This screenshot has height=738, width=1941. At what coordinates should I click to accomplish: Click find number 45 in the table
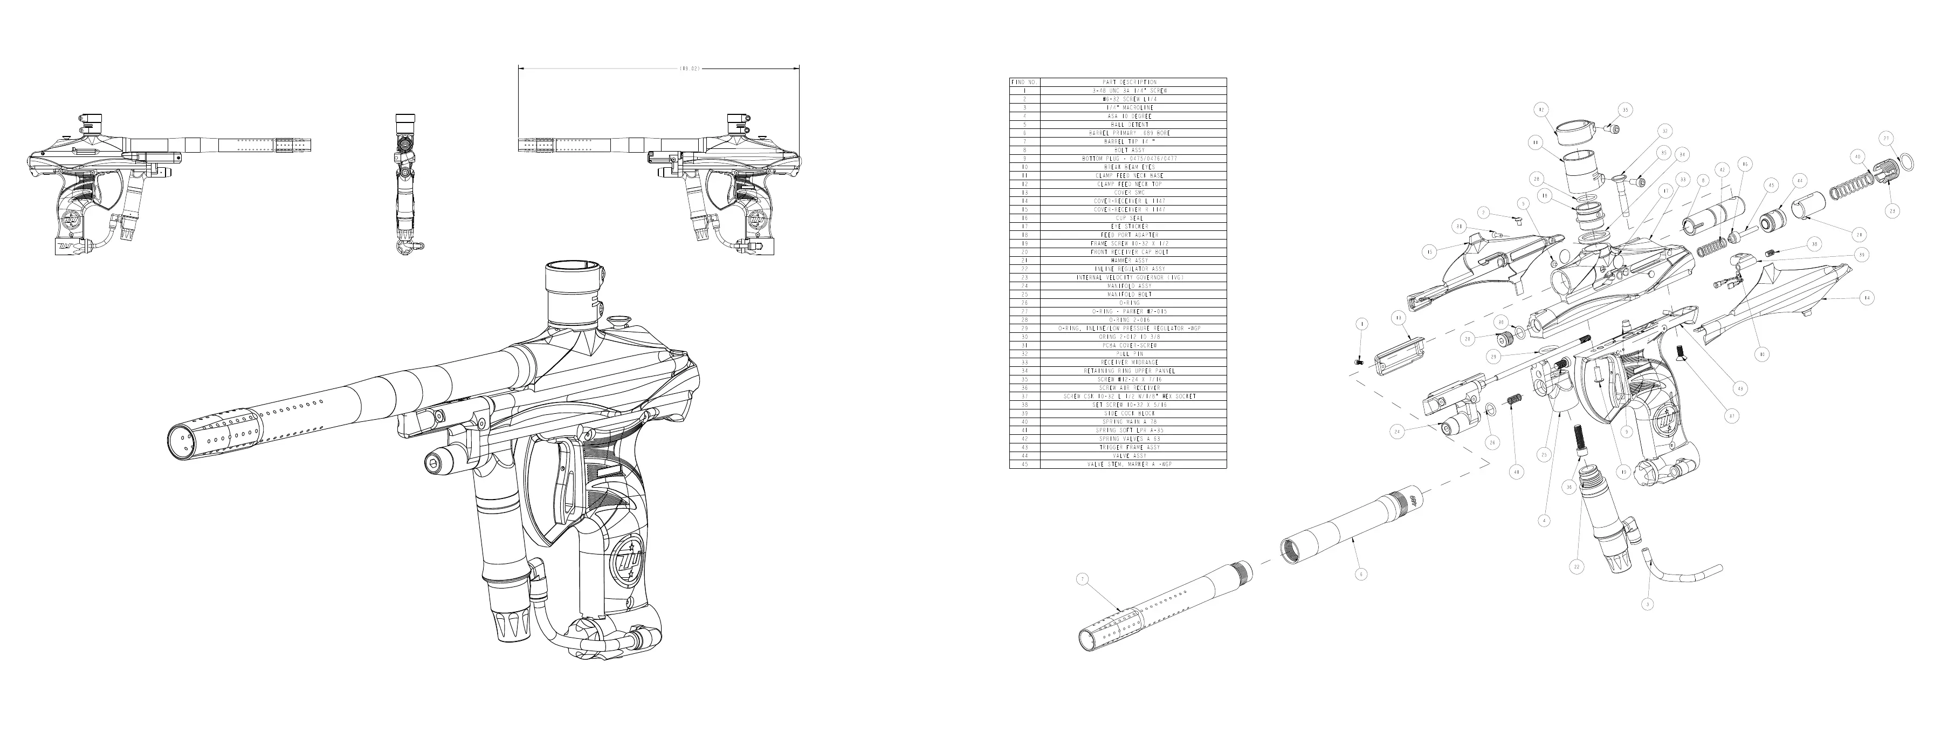pyautogui.click(x=1024, y=464)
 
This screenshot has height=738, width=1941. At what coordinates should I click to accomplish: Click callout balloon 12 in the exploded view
pyautogui.click(x=1541, y=110)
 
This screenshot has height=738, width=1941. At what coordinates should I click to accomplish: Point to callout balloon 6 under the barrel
pyautogui.click(x=1360, y=573)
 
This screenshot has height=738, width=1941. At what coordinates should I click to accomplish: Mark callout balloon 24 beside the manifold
pyautogui.click(x=1397, y=432)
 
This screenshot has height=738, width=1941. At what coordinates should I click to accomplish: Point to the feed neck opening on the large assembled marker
pyautogui.click(x=572, y=267)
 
